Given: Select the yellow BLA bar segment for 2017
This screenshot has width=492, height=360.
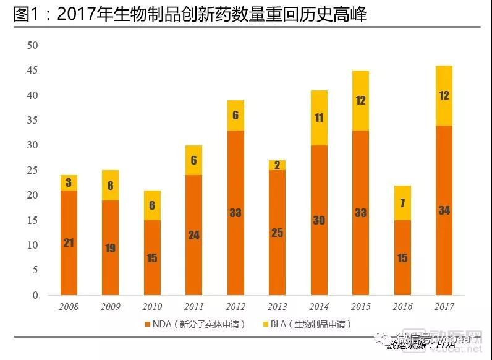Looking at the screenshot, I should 444,95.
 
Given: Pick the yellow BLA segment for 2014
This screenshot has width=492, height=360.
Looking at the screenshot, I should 319,118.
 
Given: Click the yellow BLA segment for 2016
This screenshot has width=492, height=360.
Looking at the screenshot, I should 402,203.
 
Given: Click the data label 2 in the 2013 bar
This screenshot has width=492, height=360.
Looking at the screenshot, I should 277,165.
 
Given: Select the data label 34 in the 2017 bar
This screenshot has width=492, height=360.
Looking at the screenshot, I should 444,210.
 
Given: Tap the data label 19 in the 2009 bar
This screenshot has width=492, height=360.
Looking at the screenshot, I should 110,248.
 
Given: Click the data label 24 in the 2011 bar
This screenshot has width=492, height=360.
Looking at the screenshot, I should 194,235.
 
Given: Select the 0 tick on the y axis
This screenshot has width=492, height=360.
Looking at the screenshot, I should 35,295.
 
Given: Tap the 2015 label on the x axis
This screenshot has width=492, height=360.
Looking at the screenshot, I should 361,306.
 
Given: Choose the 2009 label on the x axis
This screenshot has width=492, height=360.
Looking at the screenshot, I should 111,306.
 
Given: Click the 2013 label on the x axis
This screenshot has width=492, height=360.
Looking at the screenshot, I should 278,306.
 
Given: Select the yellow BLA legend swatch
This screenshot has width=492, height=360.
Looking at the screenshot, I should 266,324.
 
